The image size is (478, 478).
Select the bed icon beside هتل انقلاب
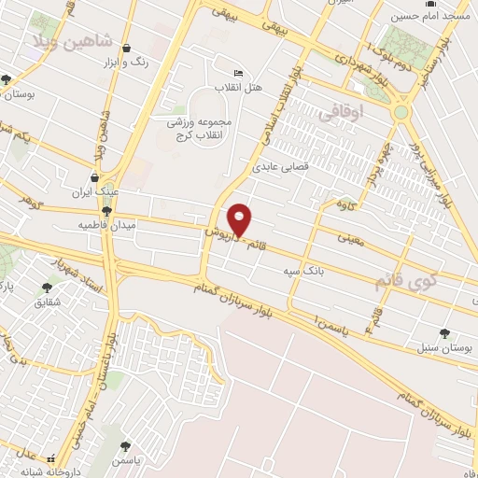point(239,74)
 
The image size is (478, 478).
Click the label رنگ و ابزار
point(127,62)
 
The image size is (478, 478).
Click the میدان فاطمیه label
point(108,226)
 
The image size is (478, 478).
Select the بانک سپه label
point(303,272)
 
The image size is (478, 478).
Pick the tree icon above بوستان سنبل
point(443,332)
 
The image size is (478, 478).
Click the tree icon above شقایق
point(47,288)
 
